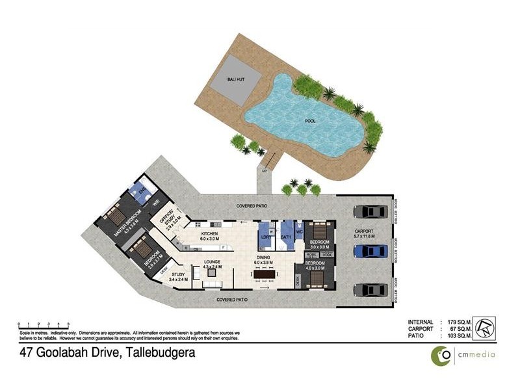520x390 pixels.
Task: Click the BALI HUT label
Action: [x=235, y=80]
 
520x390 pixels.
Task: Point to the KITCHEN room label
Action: [x=209, y=234]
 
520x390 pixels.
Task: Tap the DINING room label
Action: [x=264, y=258]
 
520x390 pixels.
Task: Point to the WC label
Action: [x=300, y=231]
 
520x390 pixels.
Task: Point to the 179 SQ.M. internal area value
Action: [x=459, y=322]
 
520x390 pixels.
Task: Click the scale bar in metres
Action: [x=44, y=324]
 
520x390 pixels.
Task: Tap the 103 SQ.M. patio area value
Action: [x=459, y=337]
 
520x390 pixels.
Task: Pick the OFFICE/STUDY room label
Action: [x=173, y=224]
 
